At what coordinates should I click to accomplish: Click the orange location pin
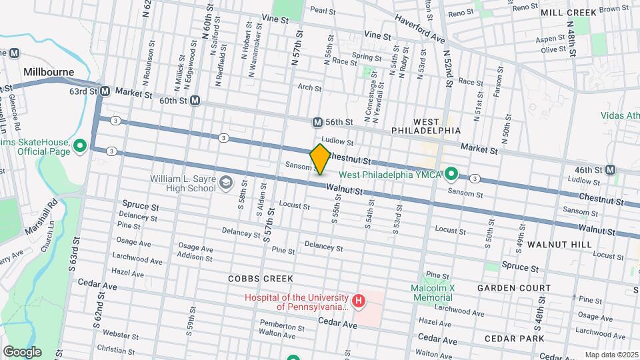click(x=320, y=159)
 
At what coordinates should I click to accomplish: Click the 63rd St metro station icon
click(x=105, y=91)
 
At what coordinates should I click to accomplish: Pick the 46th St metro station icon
click(x=610, y=170)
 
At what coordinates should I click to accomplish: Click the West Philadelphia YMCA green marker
click(x=451, y=175)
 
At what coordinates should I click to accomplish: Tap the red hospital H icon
click(x=359, y=302)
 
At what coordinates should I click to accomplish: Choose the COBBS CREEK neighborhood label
click(x=256, y=278)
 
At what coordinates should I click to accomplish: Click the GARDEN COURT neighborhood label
click(x=514, y=288)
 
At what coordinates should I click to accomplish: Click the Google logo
click(x=22, y=351)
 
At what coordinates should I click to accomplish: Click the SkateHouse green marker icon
click(x=80, y=145)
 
